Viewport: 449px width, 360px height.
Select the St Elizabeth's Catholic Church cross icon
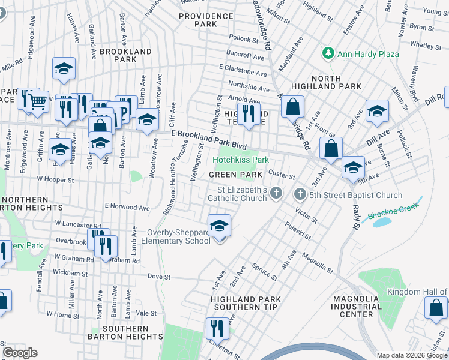coord(276,193)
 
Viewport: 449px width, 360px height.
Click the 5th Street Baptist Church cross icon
coord(300,195)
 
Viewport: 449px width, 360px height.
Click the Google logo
coord(20,353)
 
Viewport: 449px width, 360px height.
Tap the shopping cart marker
coord(38,101)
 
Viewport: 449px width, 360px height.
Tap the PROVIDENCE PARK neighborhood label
coord(197,20)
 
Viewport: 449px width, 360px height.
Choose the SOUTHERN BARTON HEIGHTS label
coord(125,334)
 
